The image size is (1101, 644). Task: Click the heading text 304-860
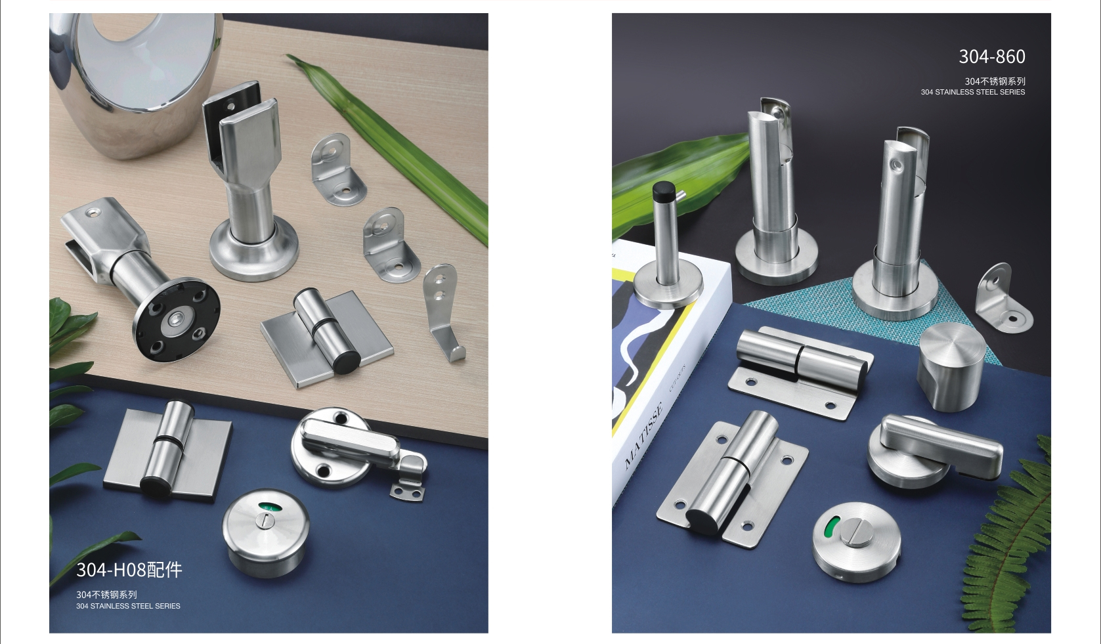(x=992, y=56)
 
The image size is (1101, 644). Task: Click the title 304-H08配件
(x=129, y=570)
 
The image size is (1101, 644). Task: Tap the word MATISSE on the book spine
(x=643, y=435)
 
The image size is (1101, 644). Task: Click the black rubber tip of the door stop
(x=664, y=188)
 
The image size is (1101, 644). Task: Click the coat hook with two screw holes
(x=443, y=312)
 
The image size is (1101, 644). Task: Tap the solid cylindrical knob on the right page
(x=951, y=366)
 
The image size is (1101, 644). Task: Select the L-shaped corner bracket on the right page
(x=1003, y=300)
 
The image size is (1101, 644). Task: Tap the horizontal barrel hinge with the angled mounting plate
(x=801, y=372)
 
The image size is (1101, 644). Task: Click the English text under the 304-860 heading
(x=973, y=92)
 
